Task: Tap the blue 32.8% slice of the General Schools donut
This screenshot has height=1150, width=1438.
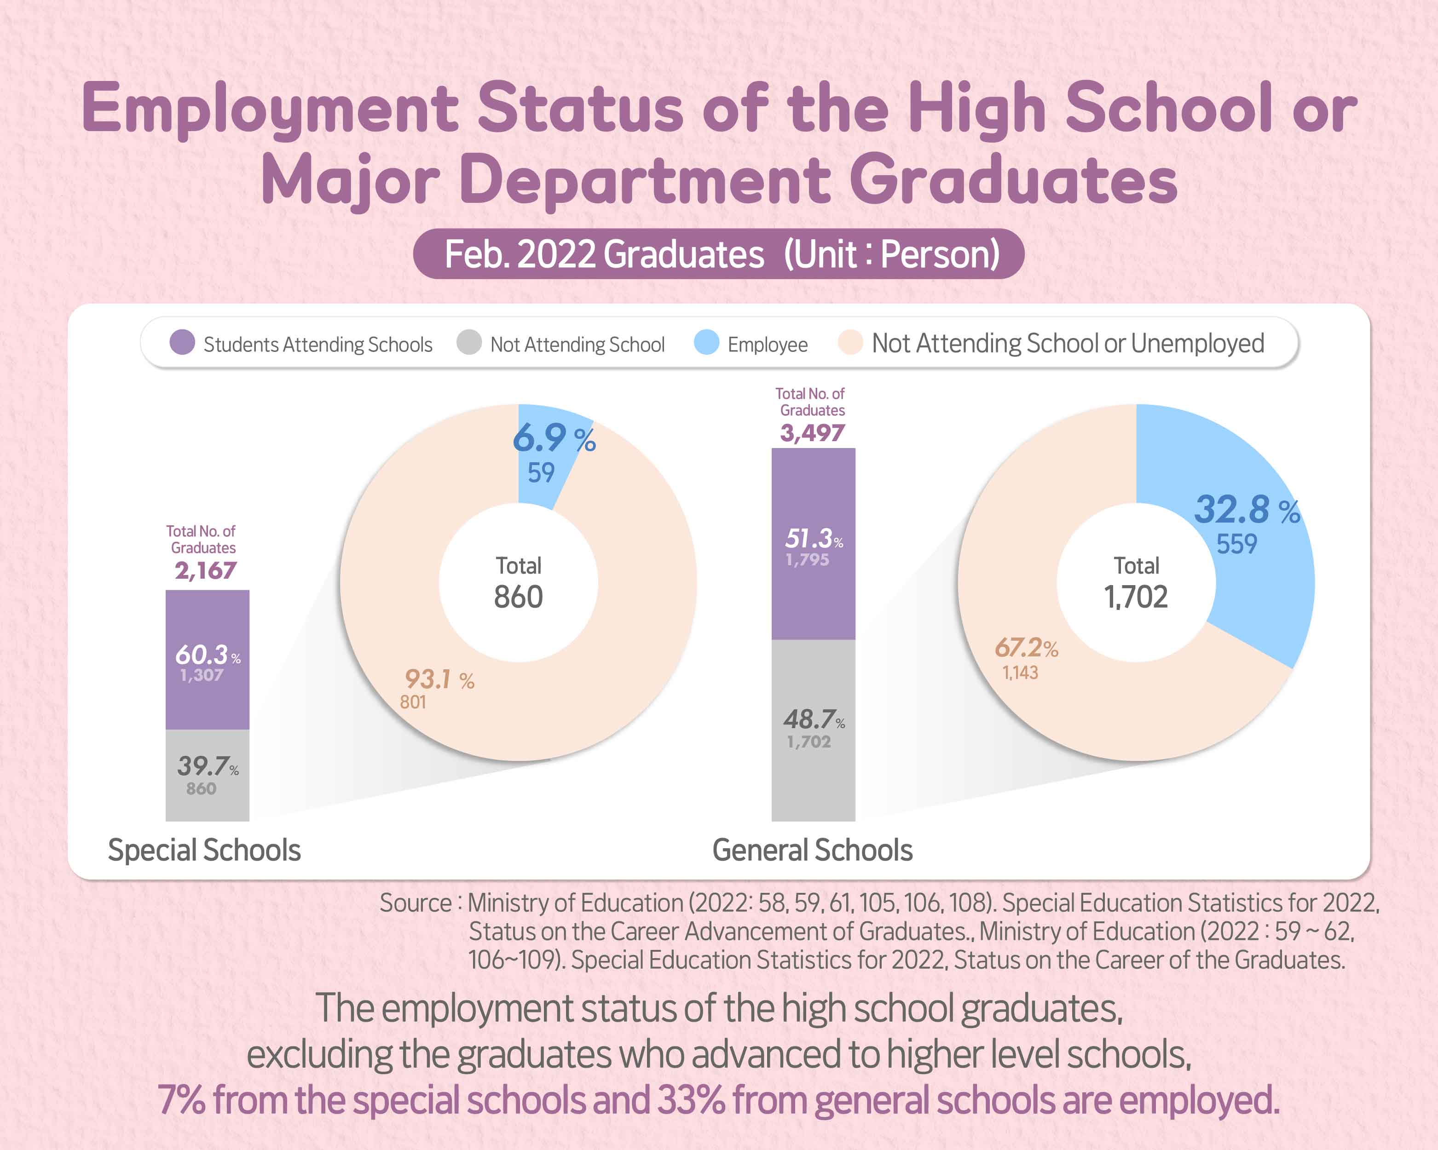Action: click(1254, 533)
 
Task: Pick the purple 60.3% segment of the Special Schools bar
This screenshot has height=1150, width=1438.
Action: click(208, 660)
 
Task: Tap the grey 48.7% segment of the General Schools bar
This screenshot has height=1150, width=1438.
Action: click(813, 730)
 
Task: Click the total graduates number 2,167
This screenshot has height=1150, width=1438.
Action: click(205, 571)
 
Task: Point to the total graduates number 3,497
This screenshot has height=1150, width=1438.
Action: click(812, 433)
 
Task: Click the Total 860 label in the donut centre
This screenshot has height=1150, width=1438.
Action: click(518, 583)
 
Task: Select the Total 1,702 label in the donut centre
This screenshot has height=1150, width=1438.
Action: click(1136, 583)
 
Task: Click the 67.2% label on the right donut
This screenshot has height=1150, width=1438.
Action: click(1026, 648)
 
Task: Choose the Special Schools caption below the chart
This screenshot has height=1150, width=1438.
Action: click(204, 851)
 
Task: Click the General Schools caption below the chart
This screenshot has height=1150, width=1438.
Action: click(812, 851)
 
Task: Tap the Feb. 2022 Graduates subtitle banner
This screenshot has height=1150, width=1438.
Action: click(719, 254)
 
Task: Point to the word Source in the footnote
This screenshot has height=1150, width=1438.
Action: click(416, 903)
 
